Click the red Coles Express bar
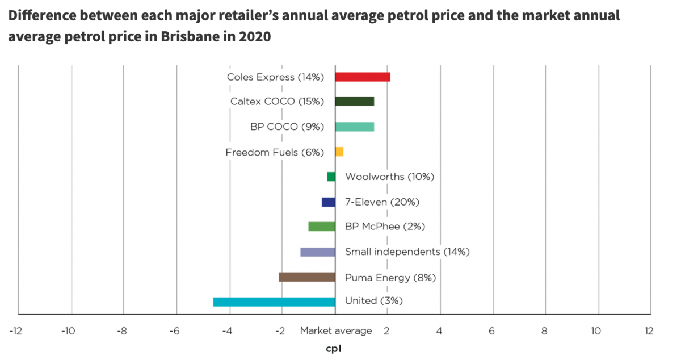pyautogui.click(x=362, y=77)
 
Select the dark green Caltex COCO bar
pyautogui.click(x=354, y=101)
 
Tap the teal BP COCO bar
pyautogui.click(x=354, y=127)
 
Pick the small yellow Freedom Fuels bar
pyautogui.click(x=339, y=152)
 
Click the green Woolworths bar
pyautogui.click(x=331, y=177)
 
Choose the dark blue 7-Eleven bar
pyautogui.click(x=328, y=202)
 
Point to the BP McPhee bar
pyautogui.click(x=322, y=227)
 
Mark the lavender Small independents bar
pyautogui.click(x=317, y=252)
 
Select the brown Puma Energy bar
pyautogui.click(x=306, y=277)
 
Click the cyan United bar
pyautogui.click(x=274, y=302)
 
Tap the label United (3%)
pyautogui.click(x=373, y=301)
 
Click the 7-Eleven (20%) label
pyautogui.click(x=382, y=202)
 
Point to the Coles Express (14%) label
pyautogui.click(x=275, y=77)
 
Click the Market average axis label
pyautogui.click(x=336, y=330)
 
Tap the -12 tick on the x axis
pyautogui.click(x=16, y=331)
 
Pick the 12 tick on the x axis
pyautogui.click(x=649, y=331)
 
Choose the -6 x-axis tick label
pyautogui.click(x=174, y=331)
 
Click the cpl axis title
pyautogui.click(x=334, y=348)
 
